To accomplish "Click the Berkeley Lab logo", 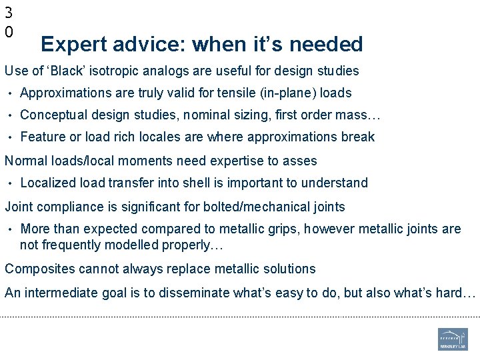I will coord(453,339).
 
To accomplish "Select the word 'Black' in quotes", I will coord(66,71).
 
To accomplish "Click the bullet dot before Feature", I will coord(11,137).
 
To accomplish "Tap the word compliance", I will coord(65,207).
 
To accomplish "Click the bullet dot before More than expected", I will coord(11,229).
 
